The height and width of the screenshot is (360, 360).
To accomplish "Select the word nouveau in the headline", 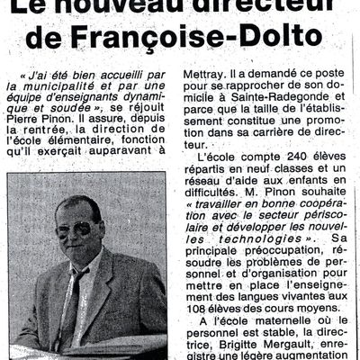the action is tap(134, 6).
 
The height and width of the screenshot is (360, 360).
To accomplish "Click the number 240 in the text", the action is tap(289, 157).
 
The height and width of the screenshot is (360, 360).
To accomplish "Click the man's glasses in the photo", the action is tap(76, 229).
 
